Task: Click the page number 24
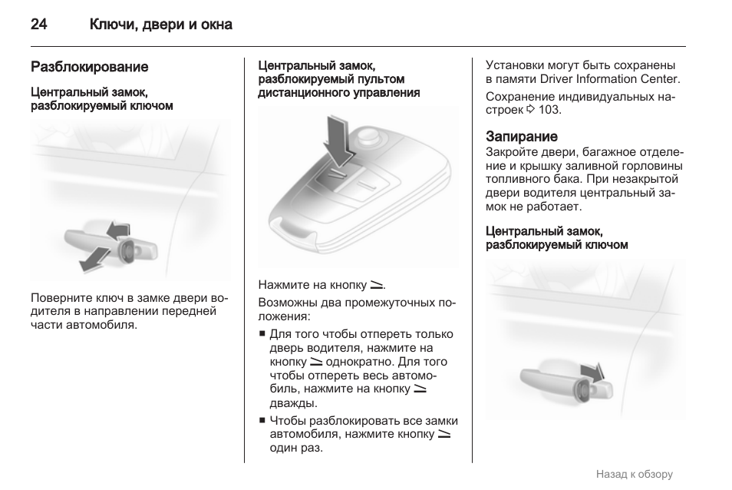(39, 25)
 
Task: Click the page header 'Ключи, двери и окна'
(160, 25)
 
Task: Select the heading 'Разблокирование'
(89, 67)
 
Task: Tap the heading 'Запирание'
(521, 137)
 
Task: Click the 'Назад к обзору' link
(634, 474)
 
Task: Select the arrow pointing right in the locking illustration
(592, 371)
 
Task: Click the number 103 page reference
(549, 110)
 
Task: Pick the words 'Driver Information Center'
(610, 79)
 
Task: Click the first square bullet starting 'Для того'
(262, 334)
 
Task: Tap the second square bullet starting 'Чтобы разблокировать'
(262, 420)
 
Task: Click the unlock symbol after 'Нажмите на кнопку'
(376, 285)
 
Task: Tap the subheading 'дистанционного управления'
(338, 93)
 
